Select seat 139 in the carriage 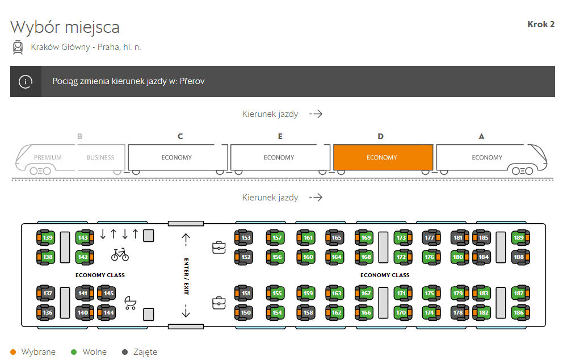point(46,237)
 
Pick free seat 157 point(275,237)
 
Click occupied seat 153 point(244,237)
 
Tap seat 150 point(244,312)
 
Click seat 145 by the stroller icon point(107,293)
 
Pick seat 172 point(403,257)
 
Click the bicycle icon point(120,254)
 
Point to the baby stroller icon point(131,303)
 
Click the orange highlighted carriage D point(383,157)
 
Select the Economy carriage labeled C point(178,157)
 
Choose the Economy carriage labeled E point(280,157)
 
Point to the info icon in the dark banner point(26,82)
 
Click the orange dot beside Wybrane point(13,352)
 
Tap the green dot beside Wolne point(74,352)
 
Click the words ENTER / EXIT point(186,276)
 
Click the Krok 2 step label point(541,24)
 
